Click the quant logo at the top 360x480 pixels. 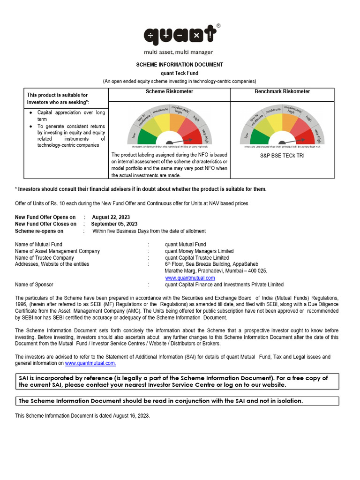tap(180, 35)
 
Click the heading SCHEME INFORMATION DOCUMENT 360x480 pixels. tap(180, 65)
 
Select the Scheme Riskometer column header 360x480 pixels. tap(169, 91)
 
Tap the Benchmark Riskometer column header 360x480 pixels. tap(282, 91)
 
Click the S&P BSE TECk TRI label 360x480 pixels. tap(282, 156)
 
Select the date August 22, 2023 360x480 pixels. tap(111, 217)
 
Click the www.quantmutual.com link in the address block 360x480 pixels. tap(190, 278)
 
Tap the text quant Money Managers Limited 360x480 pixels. tap(199, 251)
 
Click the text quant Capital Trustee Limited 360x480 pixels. tap(197, 258)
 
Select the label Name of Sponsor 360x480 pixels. tap(34, 285)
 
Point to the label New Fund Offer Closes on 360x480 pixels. tap(45, 224)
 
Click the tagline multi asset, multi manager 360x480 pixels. tap(180, 52)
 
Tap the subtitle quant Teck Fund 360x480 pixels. tap(180, 73)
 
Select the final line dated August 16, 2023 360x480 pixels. tap(82, 416)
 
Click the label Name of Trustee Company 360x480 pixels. tap(45, 258)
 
